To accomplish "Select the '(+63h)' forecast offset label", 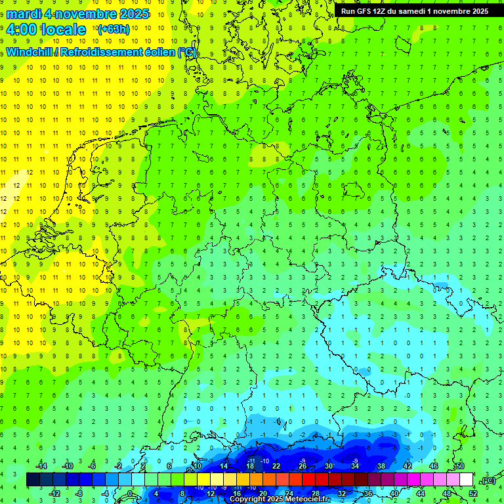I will click(x=114, y=30).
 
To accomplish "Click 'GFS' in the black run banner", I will click(x=364, y=11).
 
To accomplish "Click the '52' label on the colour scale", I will click(x=472, y=493).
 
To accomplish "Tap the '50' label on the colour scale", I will click(x=459, y=466).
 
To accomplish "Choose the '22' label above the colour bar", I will click(x=276, y=466).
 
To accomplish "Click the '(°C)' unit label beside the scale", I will click(x=488, y=480).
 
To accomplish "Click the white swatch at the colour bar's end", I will click(x=466, y=480).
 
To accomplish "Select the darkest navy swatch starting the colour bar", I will click(x=33, y=480).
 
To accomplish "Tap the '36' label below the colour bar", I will click(x=367, y=493).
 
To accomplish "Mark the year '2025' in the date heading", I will click(x=131, y=14).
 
